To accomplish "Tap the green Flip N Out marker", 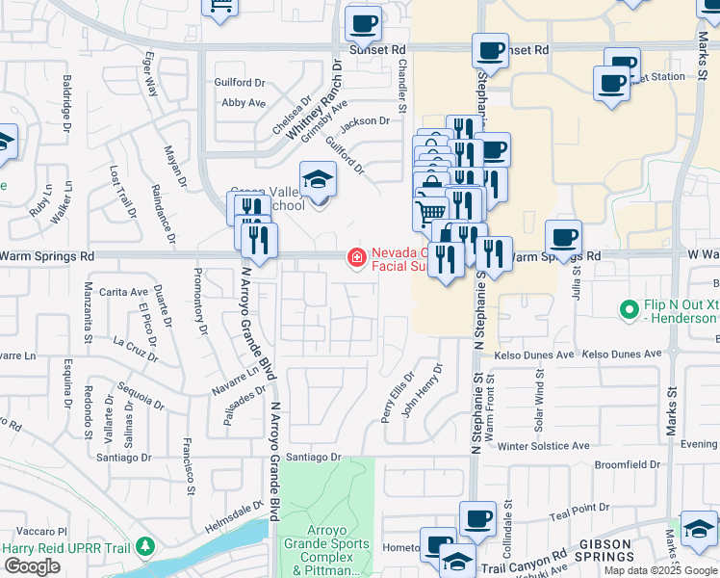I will (x=630, y=309).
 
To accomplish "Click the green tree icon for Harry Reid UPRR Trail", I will (x=145, y=547).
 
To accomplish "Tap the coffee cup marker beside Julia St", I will (x=563, y=236).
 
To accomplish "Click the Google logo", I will (x=32, y=566).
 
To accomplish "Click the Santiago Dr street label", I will (x=314, y=457).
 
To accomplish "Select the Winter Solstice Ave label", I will (x=543, y=446).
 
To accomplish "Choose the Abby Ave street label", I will (x=243, y=102).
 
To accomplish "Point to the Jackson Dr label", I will (x=364, y=121).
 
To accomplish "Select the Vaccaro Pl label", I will (x=39, y=531).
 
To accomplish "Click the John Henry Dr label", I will (x=422, y=389).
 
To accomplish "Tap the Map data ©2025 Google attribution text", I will (x=658, y=570).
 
